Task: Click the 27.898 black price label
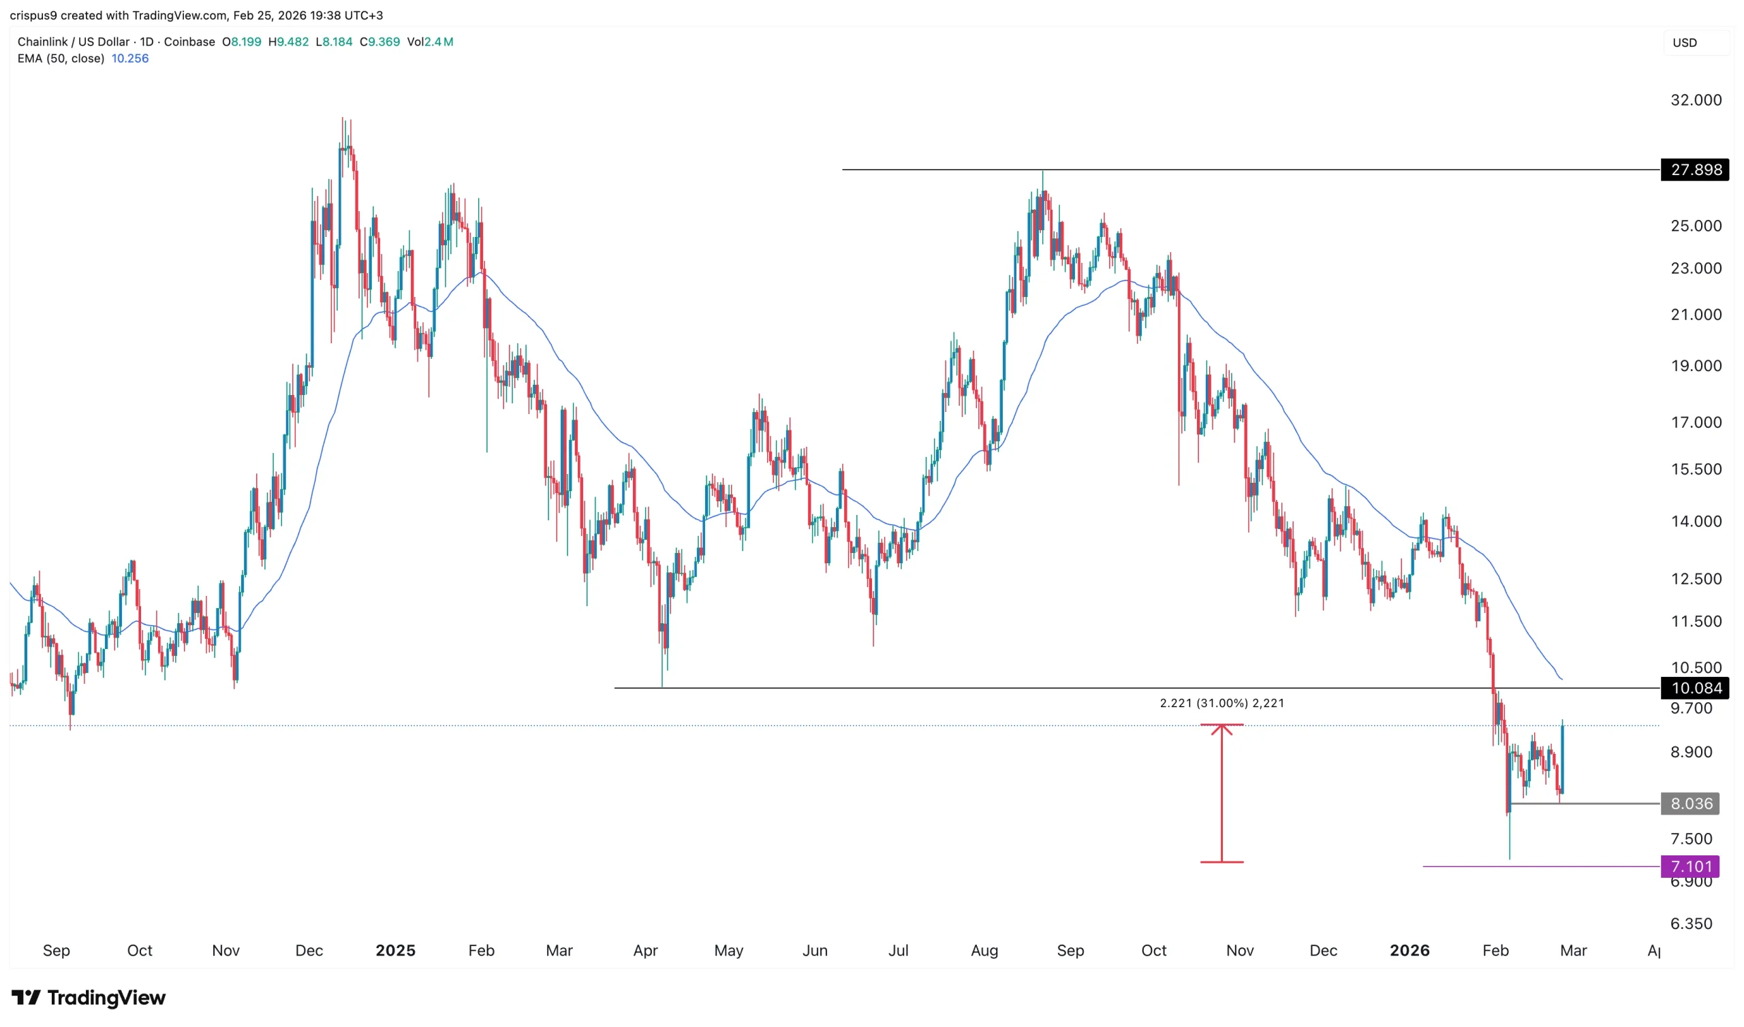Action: click(x=1696, y=170)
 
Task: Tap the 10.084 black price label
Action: click(x=1696, y=688)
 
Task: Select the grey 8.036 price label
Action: click(x=1691, y=804)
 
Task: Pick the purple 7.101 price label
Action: click(x=1691, y=866)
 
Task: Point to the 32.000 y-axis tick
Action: click(x=1696, y=100)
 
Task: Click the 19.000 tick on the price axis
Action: click(x=1696, y=366)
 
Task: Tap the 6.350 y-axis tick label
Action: click(x=1691, y=924)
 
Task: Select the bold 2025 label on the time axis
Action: click(x=395, y=951)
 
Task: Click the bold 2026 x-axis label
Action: click(x=1409, y=951)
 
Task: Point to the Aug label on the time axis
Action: click(x=984, y=951)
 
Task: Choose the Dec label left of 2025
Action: click(x=309, y=951)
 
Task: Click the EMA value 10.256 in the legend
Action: click(x=130, y=59)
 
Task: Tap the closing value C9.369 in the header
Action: click(x=380, y=42)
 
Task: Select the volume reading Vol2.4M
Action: click(x=431, y=42)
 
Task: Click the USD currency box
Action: click(x=1685, y=43)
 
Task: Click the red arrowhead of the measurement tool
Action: click(x=1221, y=729)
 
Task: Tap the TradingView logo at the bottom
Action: click(x=89, y=997)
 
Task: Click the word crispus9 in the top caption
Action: click(x=33, y=15)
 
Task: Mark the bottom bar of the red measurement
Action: click(x=1221, y=862)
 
